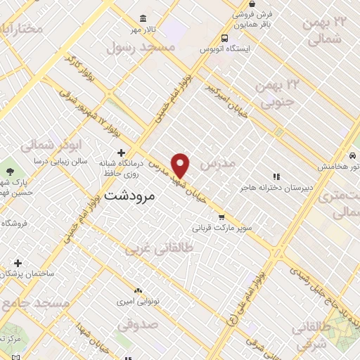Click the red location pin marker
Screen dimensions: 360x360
181,165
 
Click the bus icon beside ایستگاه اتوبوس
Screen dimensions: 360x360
224,39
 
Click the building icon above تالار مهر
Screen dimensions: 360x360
144,18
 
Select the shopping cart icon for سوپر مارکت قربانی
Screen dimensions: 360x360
222,217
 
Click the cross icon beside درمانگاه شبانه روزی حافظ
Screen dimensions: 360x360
121,153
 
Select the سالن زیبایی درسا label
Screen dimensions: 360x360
59,161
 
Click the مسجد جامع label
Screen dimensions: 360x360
34,303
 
